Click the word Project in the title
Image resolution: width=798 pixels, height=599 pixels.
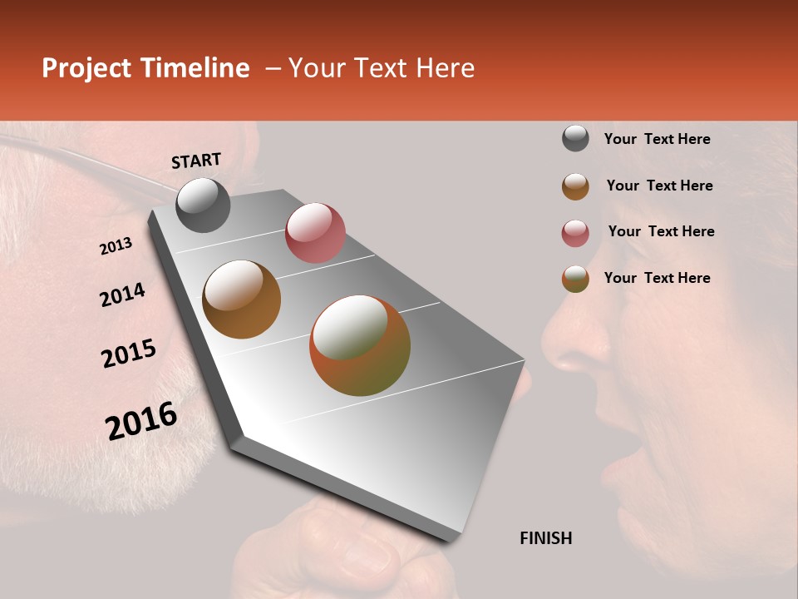pyautogui.click(x=86, y=69)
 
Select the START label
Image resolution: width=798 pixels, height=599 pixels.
pyautogui.click(x=196, y=161)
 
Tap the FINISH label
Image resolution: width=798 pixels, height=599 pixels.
pyautogui.click(x=546, y=538)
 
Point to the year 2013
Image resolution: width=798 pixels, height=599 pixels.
pyautogui.click(x=116, y=246)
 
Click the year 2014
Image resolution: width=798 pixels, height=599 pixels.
pyautogui.click(x=122, y=295)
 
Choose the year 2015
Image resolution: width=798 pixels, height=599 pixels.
pyautogui.click(x=129, y=354)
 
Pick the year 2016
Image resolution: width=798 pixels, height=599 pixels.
pyautogui.click(x=141, y=421)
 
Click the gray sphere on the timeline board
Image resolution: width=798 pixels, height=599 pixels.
pyautogui.click(x=204, y=205)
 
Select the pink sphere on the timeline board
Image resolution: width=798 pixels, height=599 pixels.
pyautogui.click(x=315, y=233)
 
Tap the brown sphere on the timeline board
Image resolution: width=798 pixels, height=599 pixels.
pyautogui.click(x=242, y=299)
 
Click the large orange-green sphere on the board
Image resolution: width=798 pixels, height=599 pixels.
pyautogui.click(x=360, y=345)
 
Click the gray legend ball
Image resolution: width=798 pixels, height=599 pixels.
pyautogui.click(x=575, y=138)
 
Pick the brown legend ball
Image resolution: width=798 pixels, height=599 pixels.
pyautogui.click(x=575, y=186)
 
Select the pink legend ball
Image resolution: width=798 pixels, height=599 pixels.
pyautogui.click(x=575, y=233)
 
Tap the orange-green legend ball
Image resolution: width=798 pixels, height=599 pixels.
pyautogui.click(x=575, y=279)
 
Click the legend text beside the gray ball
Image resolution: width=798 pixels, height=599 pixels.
pyautogui.click(x=657, y=139)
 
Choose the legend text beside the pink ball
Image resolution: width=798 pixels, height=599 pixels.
pyautogui.click(x=661, y=231)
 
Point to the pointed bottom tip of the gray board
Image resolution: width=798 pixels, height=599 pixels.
pyautogui.click(x=453, y=538)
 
